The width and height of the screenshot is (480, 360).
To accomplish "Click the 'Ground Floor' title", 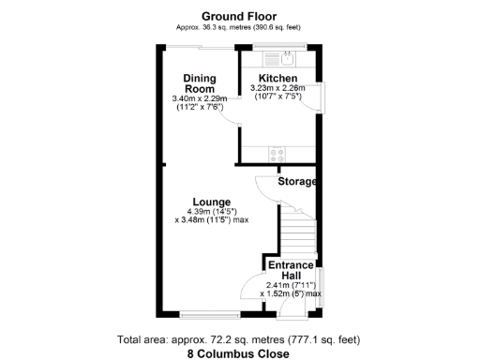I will click(239, 15).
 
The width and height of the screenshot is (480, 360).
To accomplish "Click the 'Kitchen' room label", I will click(278, 78).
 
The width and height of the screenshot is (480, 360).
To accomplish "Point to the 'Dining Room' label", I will click(200, 83).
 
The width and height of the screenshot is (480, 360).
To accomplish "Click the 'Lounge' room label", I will click(211, 202).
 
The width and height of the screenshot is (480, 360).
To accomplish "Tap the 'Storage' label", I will click(297, 181).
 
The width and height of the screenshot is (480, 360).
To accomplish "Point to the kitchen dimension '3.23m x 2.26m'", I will click(278, 89).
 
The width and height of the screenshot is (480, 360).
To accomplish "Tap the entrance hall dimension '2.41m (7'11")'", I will click(293, 285).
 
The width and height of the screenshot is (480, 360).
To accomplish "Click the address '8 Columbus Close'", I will click(239, 353).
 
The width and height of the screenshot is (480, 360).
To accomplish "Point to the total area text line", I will click(239, 338).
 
